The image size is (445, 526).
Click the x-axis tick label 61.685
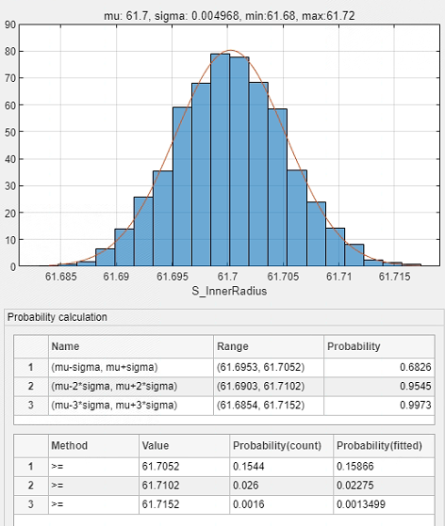[61, 277]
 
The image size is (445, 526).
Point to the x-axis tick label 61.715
[395, 277]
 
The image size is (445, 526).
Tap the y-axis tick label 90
[10, 24]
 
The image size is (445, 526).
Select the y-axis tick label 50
[10, 132]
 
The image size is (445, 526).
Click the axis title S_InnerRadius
[229, 291]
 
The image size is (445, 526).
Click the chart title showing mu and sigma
[229, 16]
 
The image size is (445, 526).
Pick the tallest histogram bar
[221, 160]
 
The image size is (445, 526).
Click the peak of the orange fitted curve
[230, 50]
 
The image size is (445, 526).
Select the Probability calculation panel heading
[58, 317]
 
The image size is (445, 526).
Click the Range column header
[233, 346]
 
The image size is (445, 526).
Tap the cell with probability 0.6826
[379, 367]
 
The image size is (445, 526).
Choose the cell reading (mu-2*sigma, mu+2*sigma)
[131, 386]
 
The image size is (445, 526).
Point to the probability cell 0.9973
[379, 406]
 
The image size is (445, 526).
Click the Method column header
[69, 445]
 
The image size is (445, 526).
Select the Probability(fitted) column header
[379, 445]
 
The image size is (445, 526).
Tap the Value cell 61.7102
[184, 486]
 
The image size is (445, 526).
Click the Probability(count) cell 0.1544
[281, 466]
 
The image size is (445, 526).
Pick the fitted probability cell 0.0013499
[384, 504]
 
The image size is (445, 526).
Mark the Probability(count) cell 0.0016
[281, 504]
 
